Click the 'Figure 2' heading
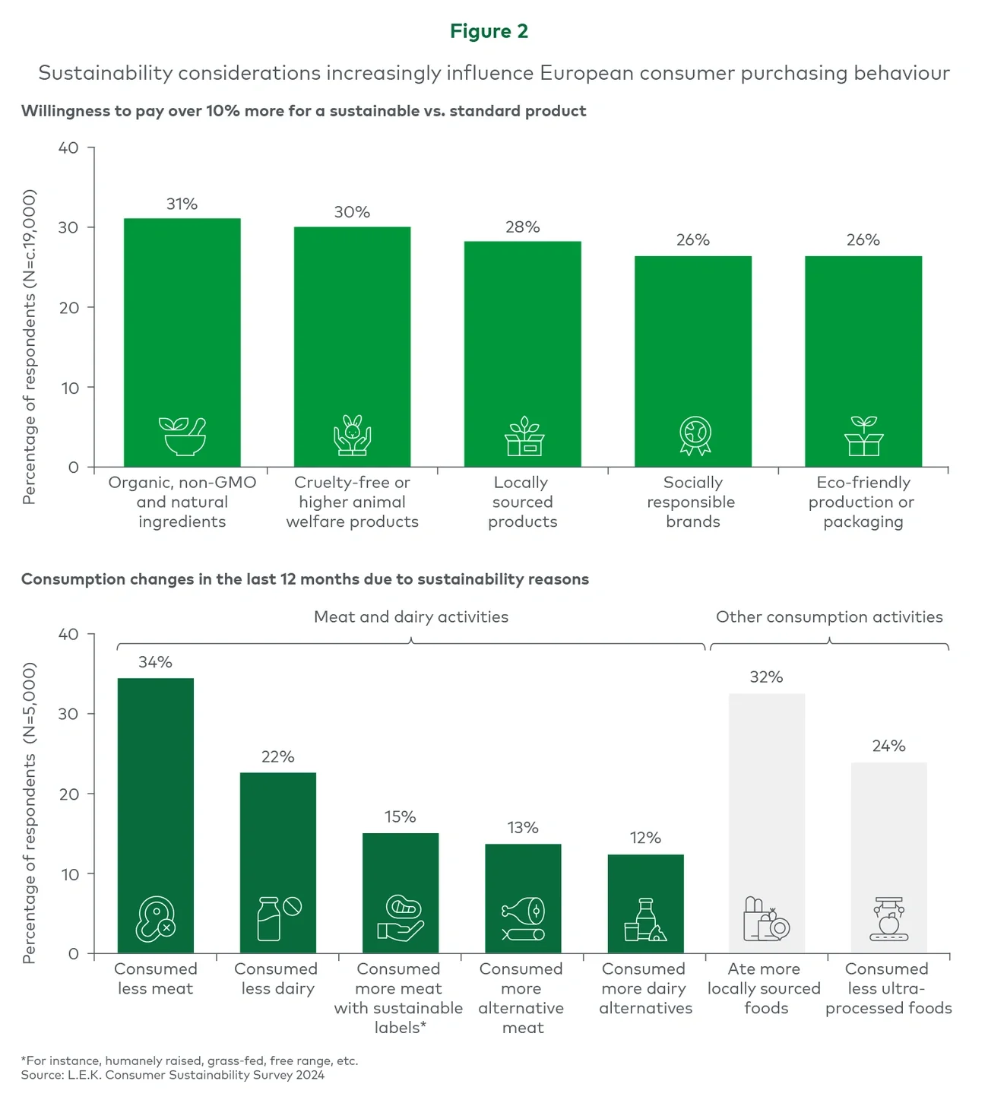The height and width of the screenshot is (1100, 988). (489, 31)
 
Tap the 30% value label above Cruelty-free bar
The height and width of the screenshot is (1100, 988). (352, 212)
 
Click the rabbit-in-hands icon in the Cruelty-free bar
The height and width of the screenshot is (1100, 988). (352, 436)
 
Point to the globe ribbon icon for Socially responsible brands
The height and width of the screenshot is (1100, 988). (695, 436)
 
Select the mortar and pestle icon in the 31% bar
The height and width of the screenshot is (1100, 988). (182, 436)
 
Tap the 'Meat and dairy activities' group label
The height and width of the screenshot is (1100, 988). (411, 617)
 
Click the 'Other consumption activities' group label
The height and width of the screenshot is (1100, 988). (829, 617)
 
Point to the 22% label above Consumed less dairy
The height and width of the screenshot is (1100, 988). (277, 756)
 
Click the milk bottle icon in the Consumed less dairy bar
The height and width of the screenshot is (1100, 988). (269, 919)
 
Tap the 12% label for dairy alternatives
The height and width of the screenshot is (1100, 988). (645, 838)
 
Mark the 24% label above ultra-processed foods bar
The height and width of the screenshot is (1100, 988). (888, 746)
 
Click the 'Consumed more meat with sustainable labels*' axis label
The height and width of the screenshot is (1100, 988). (399, 998)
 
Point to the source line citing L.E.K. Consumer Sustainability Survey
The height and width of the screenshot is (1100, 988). (173, 1075)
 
